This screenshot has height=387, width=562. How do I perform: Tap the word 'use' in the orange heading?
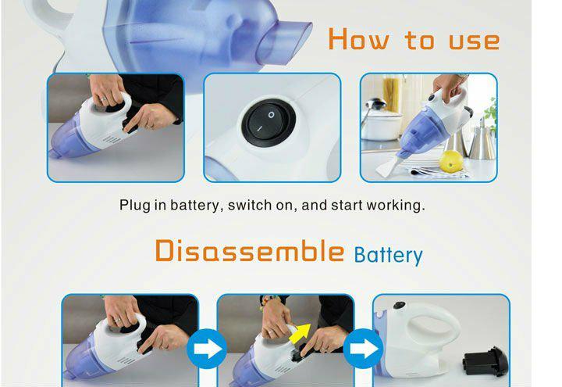pyautogui.click(x=474, y=41)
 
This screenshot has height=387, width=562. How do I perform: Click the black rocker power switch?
pyautogui.click(x=269, y=123)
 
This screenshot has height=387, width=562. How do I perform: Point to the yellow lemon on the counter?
pyautogui.click(x=451, y=161)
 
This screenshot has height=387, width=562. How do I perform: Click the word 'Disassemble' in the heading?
pyautogui.click(x=250, y=250)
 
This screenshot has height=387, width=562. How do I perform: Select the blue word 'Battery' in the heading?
pyautogui.click(x=388, y=255)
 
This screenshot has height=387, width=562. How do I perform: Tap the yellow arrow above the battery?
pyautogui.click(x=301, y=333)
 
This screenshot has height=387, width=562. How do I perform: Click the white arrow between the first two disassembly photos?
pyautogui.click(x=207, y=349)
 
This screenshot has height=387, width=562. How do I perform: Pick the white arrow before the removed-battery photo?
pyautogui.click(x=364, y=349)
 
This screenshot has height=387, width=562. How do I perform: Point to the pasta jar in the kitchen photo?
pyautogui.click(x=392, y=94)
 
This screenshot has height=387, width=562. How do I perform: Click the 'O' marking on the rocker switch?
pyautogui.click(x=272, y=115)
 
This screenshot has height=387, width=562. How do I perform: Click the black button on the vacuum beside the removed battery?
pyautogui.click(x=399, y=306)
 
